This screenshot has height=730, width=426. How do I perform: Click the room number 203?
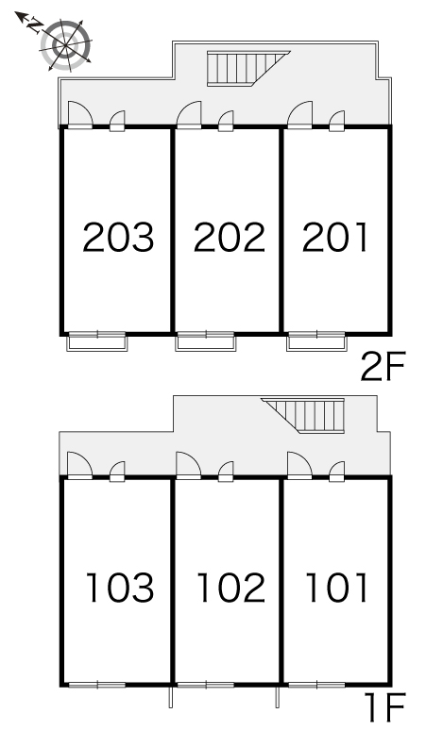pyautogui.click(x=117, y=238)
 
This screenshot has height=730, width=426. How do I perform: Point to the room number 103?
pyautogui.click(x=119, y=588)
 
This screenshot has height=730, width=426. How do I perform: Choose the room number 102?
pyautogui.click(x=230, y=588)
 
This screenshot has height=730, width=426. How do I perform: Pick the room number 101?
pyautogui.click(x=335, y=588)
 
